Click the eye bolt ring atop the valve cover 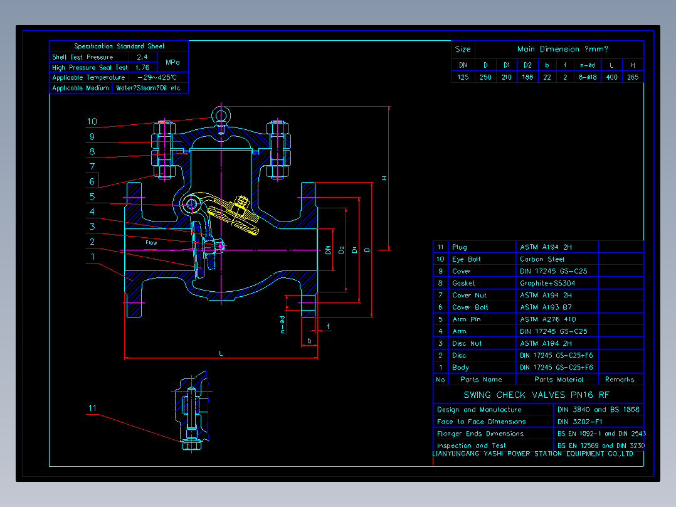coord(221,114)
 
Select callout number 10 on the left coord(92,122)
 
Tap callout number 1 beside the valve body coord(92,257)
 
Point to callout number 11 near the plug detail coord(92,408)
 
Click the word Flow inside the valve coord(152,242)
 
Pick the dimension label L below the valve coord(221,353)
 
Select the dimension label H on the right coord(384,178)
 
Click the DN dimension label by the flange coord(328,250)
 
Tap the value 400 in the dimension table coord(612,77)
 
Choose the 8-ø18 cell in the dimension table coord(588,77)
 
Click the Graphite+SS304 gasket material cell coord(547,283)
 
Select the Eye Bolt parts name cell coord(467,259)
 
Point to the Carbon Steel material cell coord(542,259)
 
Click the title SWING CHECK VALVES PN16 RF coord(536,395)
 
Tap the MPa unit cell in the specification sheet coord(172,62)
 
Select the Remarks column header coord(620,380)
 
